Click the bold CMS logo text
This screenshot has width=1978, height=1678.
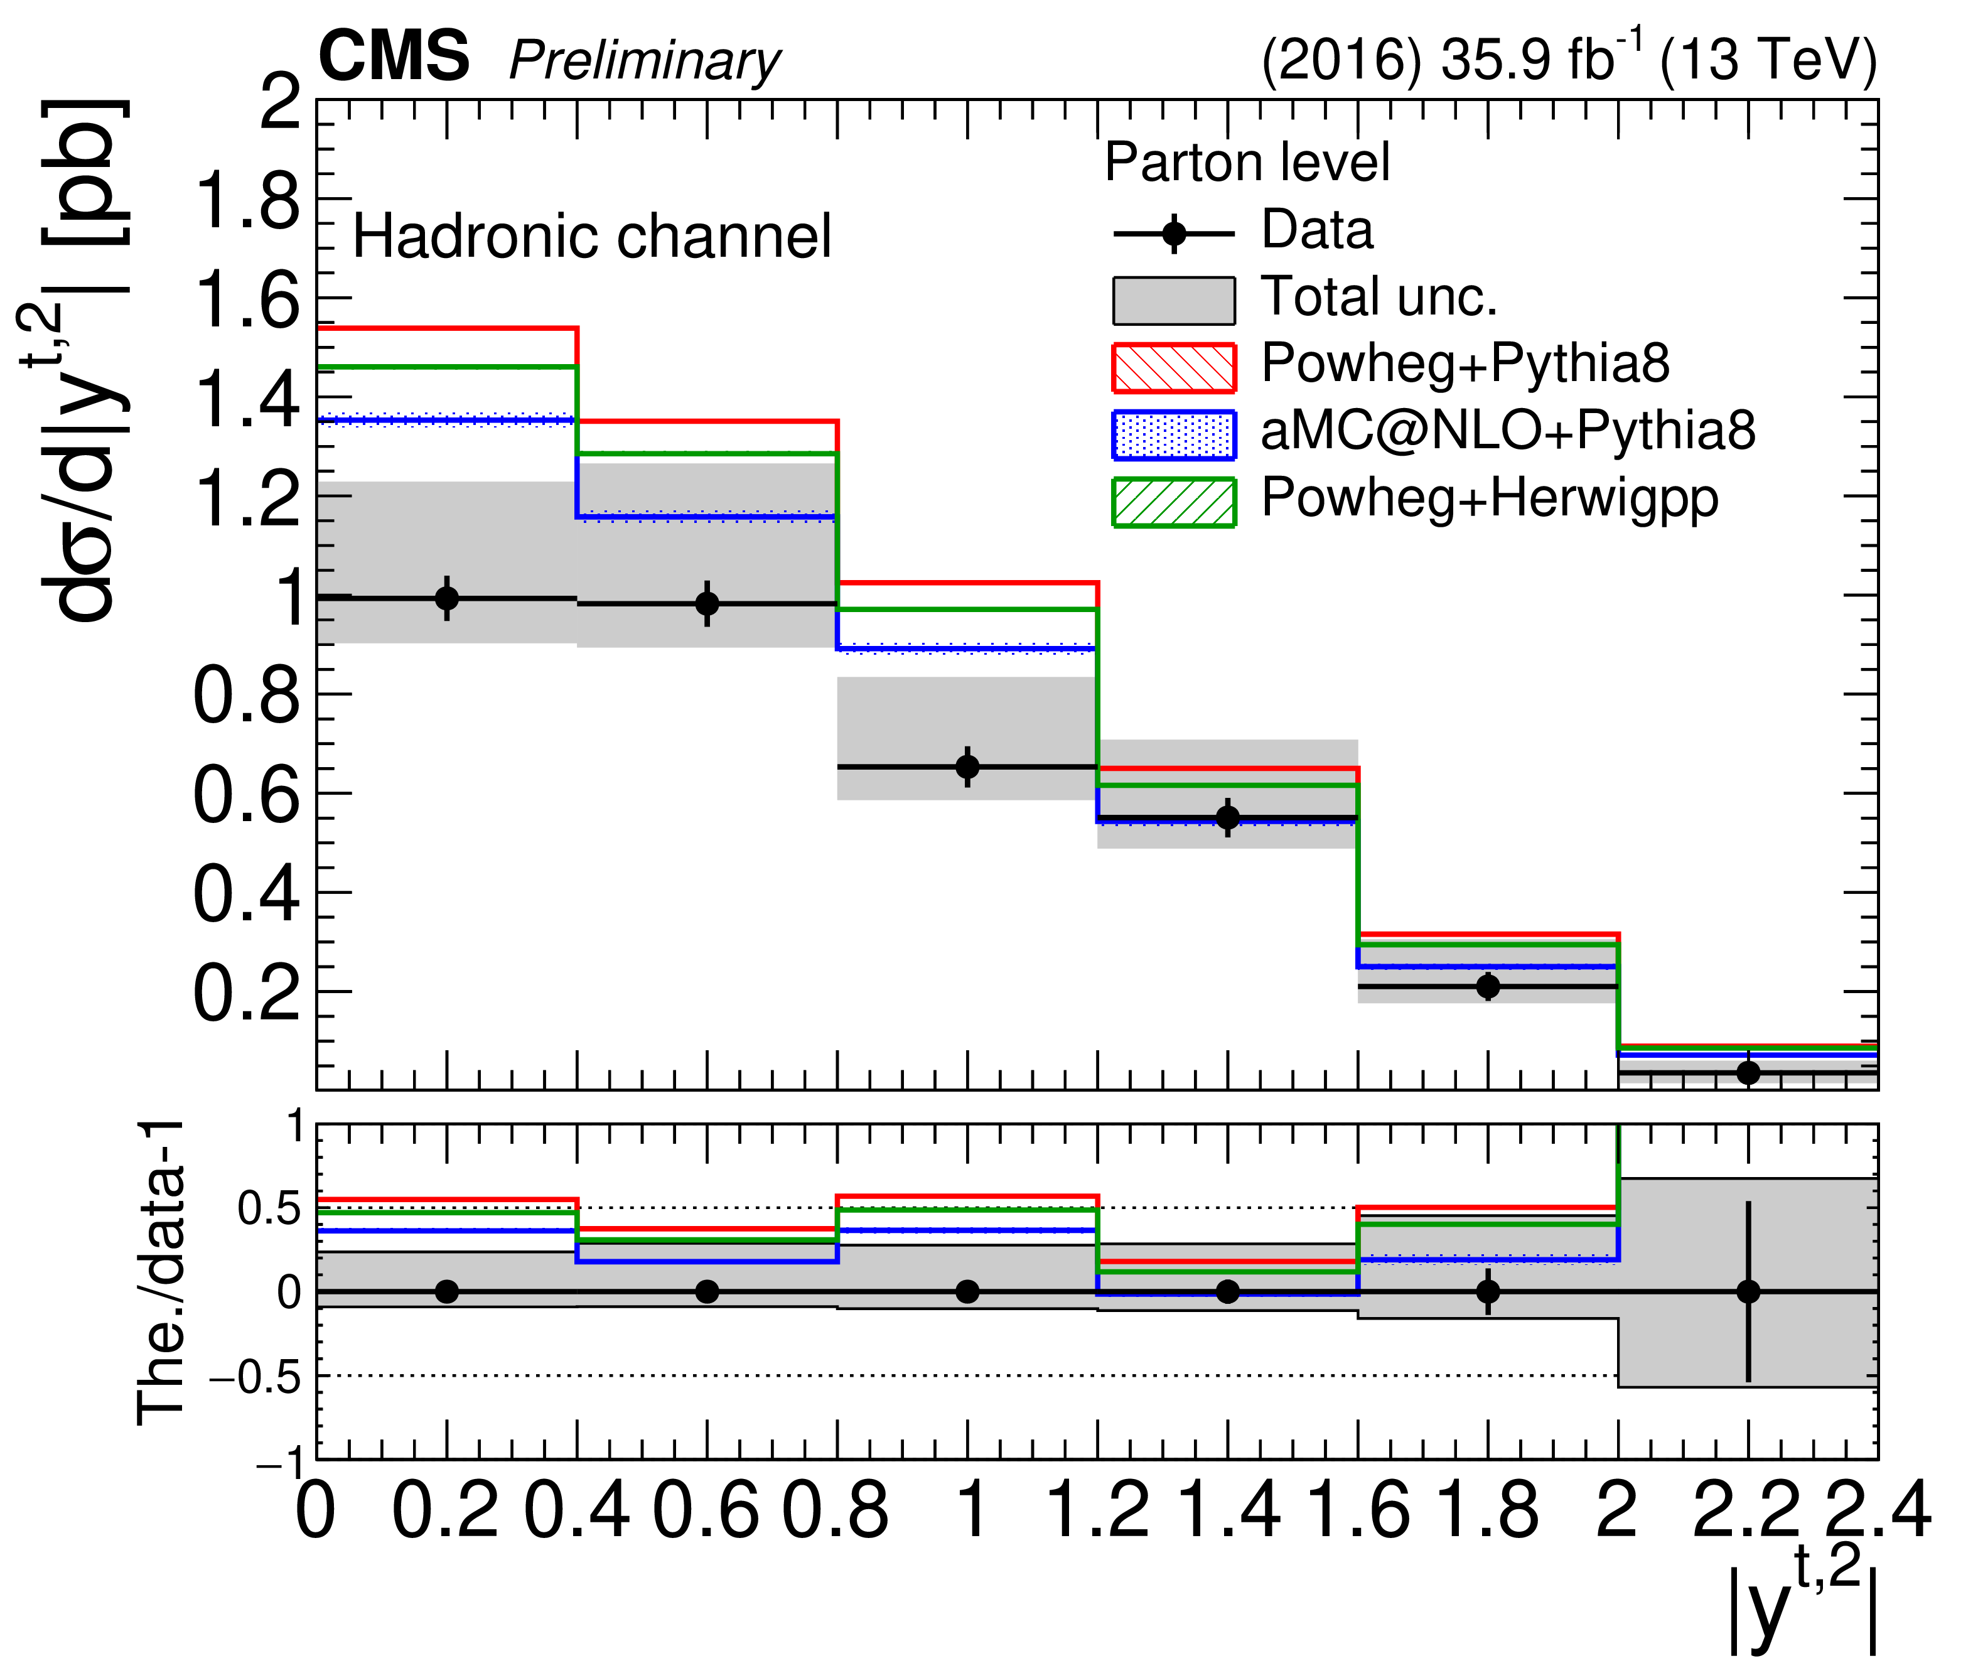point(393,57)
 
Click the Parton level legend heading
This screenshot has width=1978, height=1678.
point(1246,162)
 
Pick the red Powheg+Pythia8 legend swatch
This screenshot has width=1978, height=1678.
point(1173,368)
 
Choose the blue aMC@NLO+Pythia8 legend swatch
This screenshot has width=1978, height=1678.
point(1173,434)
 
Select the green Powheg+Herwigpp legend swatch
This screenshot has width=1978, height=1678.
point(1173,502)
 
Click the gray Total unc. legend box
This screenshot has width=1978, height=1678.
point(1173,301)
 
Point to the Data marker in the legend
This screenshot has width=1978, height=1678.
point(1174,233)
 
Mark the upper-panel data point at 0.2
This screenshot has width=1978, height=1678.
point(446,598)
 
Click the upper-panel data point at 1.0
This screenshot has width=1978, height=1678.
point(967,766)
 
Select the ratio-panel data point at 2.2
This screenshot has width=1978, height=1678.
point(1748,1292)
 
